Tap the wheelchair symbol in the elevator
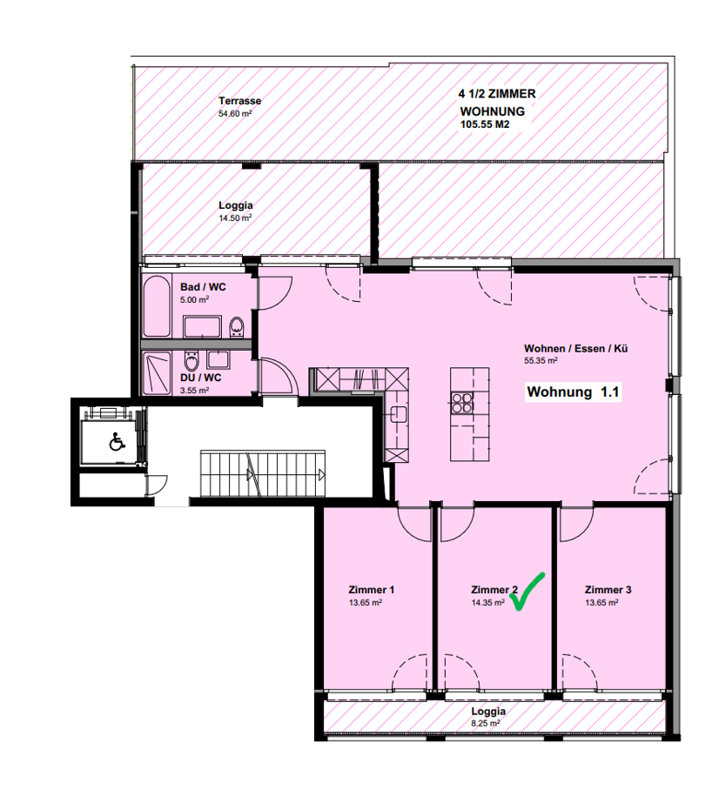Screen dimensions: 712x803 pyautogui.click(x=117, y=441)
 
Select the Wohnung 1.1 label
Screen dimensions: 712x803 pyautogui.click(x=574, y=391)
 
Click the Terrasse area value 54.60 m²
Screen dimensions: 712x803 pyautogui.click(x=235, y=114)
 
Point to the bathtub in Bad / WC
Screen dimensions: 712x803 pyautogui.click(x=156, y=306)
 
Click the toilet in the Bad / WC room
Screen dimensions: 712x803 pyautogui.click(x=237, y=327)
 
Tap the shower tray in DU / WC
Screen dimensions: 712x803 pyautogui.click(x=156, y=373)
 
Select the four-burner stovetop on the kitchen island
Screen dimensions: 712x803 pyautogui.click(x=462, y=402)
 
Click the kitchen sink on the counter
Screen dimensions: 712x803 pyautogui.click(x=399, y=414)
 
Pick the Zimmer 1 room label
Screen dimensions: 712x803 pyautogui.click(x=372, y=590)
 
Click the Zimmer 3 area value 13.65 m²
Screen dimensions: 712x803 pyautogui.click(x=601, y=603)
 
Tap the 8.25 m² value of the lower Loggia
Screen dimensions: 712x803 pyautogui.click(x=486, y=724)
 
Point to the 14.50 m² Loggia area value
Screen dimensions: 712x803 pyautogui.click(x=235, y=218)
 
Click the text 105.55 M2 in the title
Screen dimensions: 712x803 pyautogui.click(x=485, y=124)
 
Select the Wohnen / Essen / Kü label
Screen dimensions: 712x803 pyautogui.click(x=575, y=349)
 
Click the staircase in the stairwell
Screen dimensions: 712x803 pyautogui.click(x=263, y=473)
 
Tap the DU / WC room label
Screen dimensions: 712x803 pyautogui.click(x=201, y=378)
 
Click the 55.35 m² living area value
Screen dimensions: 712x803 pyautogui.click(x=541, y=360)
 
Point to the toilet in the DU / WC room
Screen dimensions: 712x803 pyautogui.click(x=191, y=360)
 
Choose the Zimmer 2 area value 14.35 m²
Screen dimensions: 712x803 pyautogui.click(x=487, y=603)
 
